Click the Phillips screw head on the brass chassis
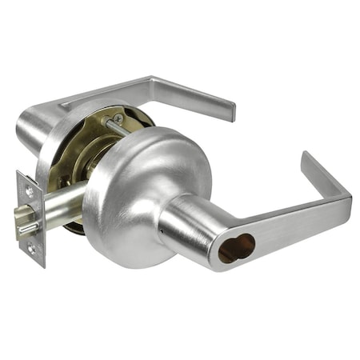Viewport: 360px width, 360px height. pyautogui.click(x=118, y=118)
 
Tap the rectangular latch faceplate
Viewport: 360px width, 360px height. pyautogui.click(x=30, y=218)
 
